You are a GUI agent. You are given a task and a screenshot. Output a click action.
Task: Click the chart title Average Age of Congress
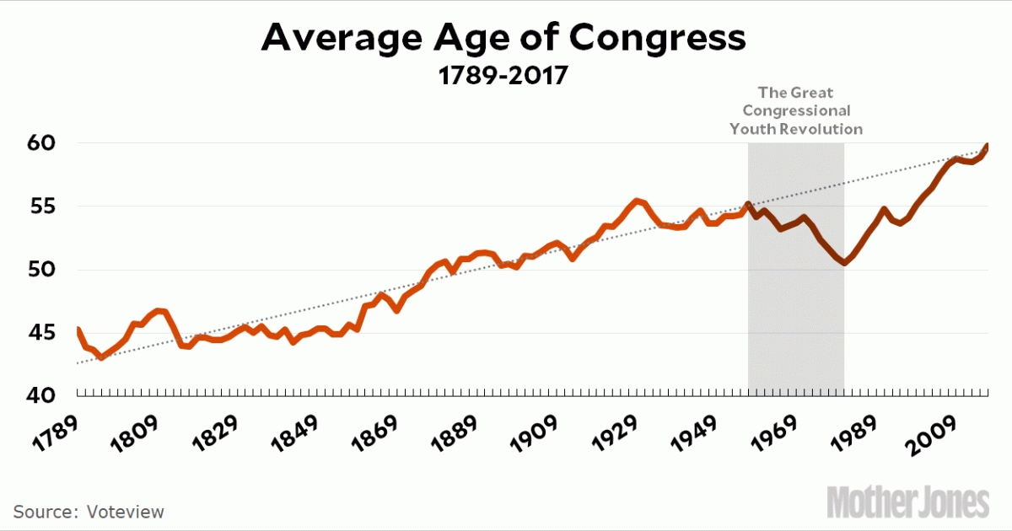pyautogui.click(x=503, y=38)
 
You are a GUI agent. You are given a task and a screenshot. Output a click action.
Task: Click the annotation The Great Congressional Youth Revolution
pyautogui.click(x=796, y=110)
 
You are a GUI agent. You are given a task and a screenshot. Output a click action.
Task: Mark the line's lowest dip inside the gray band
pyautogui.click(x=843, y=263)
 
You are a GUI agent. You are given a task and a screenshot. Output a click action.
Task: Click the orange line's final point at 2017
pyautogui.click(x=988, y=145)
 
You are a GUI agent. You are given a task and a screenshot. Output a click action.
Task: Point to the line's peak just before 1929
pyautogui.click(x=637, y=201)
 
